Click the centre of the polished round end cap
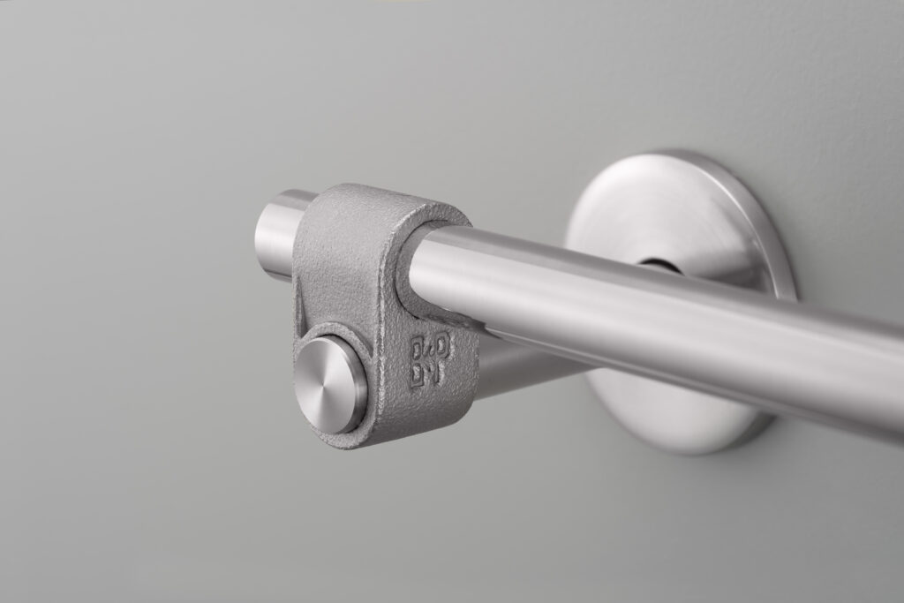(328, 385)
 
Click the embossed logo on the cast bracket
(431, 359)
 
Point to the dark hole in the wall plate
(655, 263)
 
